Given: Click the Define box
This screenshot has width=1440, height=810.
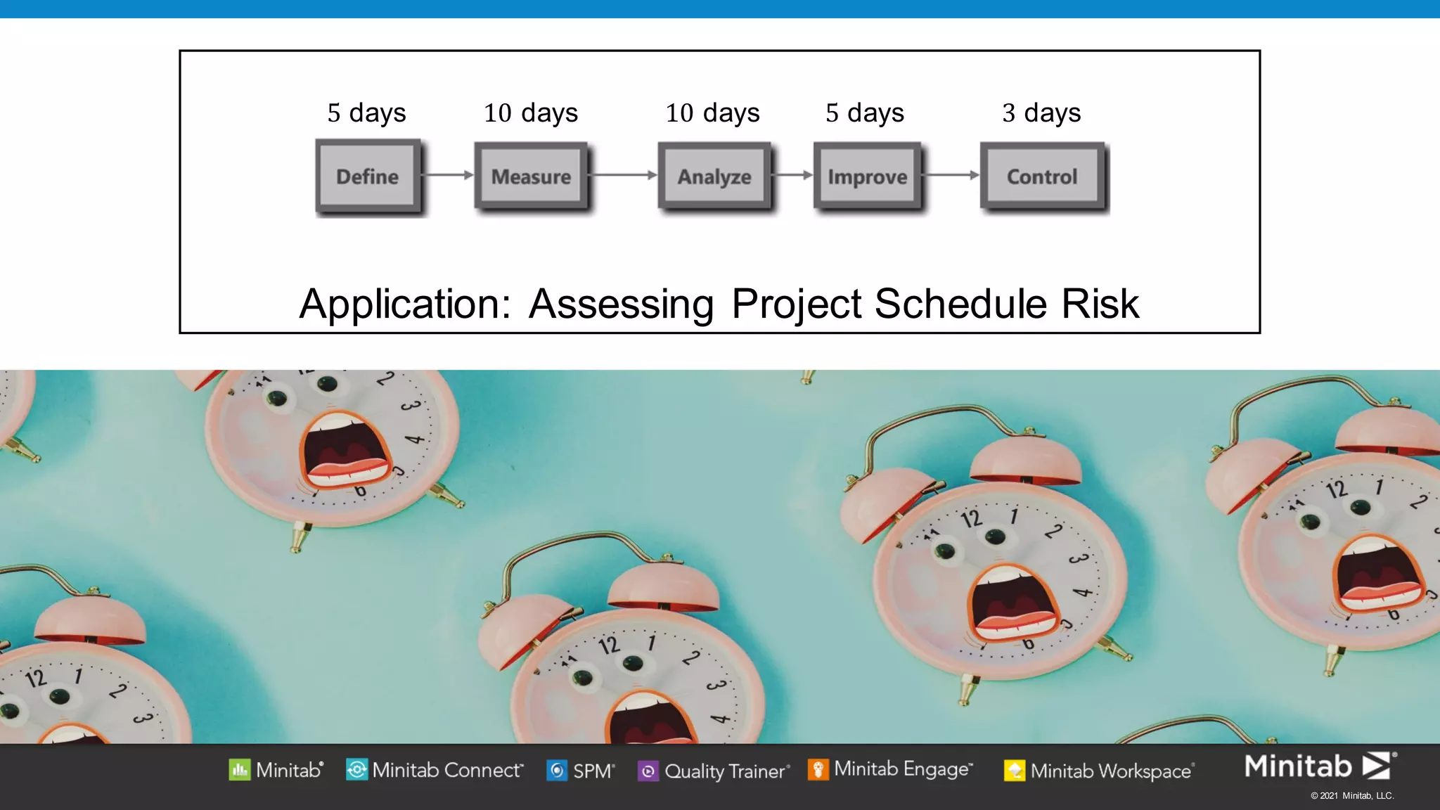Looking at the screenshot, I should (367, 176).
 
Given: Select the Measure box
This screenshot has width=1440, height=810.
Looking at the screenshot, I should (531, 176).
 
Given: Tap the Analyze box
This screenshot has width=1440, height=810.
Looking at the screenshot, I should (714, 176).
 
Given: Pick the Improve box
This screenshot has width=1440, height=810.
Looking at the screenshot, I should (867, 176).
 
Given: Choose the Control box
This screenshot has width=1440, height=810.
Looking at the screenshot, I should (1041, 176).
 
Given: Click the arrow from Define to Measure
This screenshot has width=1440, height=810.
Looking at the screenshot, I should (449, 175).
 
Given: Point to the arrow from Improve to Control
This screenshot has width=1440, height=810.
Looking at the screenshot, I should (951, 175).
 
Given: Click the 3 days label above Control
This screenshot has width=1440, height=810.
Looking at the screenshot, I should (1041, 112).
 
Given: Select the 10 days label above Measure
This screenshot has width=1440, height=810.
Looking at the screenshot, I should (531, 112).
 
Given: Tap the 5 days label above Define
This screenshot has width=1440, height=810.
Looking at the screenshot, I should (366, 112).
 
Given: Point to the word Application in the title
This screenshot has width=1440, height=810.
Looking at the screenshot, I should (405, 304).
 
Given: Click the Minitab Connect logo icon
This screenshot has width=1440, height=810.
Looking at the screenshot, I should (356, 770).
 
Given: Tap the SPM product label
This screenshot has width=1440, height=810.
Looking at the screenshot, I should (593, 771).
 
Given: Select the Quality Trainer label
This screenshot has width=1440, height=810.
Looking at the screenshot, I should (724, 771).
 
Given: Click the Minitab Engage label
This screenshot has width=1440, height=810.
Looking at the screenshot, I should (902, 769).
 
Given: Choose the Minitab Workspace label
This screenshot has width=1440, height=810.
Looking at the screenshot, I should (1110, 771).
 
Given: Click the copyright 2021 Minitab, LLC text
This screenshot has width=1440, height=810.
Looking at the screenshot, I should (1351, 796).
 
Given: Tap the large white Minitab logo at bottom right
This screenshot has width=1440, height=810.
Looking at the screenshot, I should (1318, 766).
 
